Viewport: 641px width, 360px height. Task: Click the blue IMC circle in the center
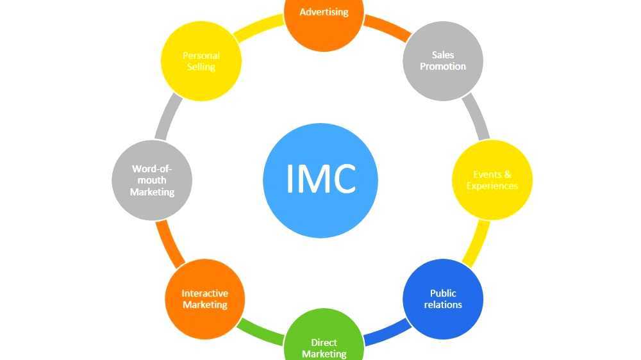tap(320, 179)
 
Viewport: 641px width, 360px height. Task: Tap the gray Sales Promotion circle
tap(443, 61)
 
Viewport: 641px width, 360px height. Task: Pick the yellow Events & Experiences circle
tap(492, 180)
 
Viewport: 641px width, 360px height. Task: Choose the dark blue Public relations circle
tap(443, 299)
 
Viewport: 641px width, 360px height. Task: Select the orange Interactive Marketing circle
tap(205, 299)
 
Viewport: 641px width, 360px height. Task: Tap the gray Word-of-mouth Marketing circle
tap(152, 180)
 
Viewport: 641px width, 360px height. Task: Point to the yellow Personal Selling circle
tap(201, 61)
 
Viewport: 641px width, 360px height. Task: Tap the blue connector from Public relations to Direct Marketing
tap(385, 334)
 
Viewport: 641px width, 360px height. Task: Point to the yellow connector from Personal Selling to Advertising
tap(260, 27)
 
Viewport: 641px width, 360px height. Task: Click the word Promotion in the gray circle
tap(443, 67)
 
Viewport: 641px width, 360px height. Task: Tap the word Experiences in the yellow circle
tap(492, 186)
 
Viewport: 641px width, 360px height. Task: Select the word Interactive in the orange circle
tap(205, 293)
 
